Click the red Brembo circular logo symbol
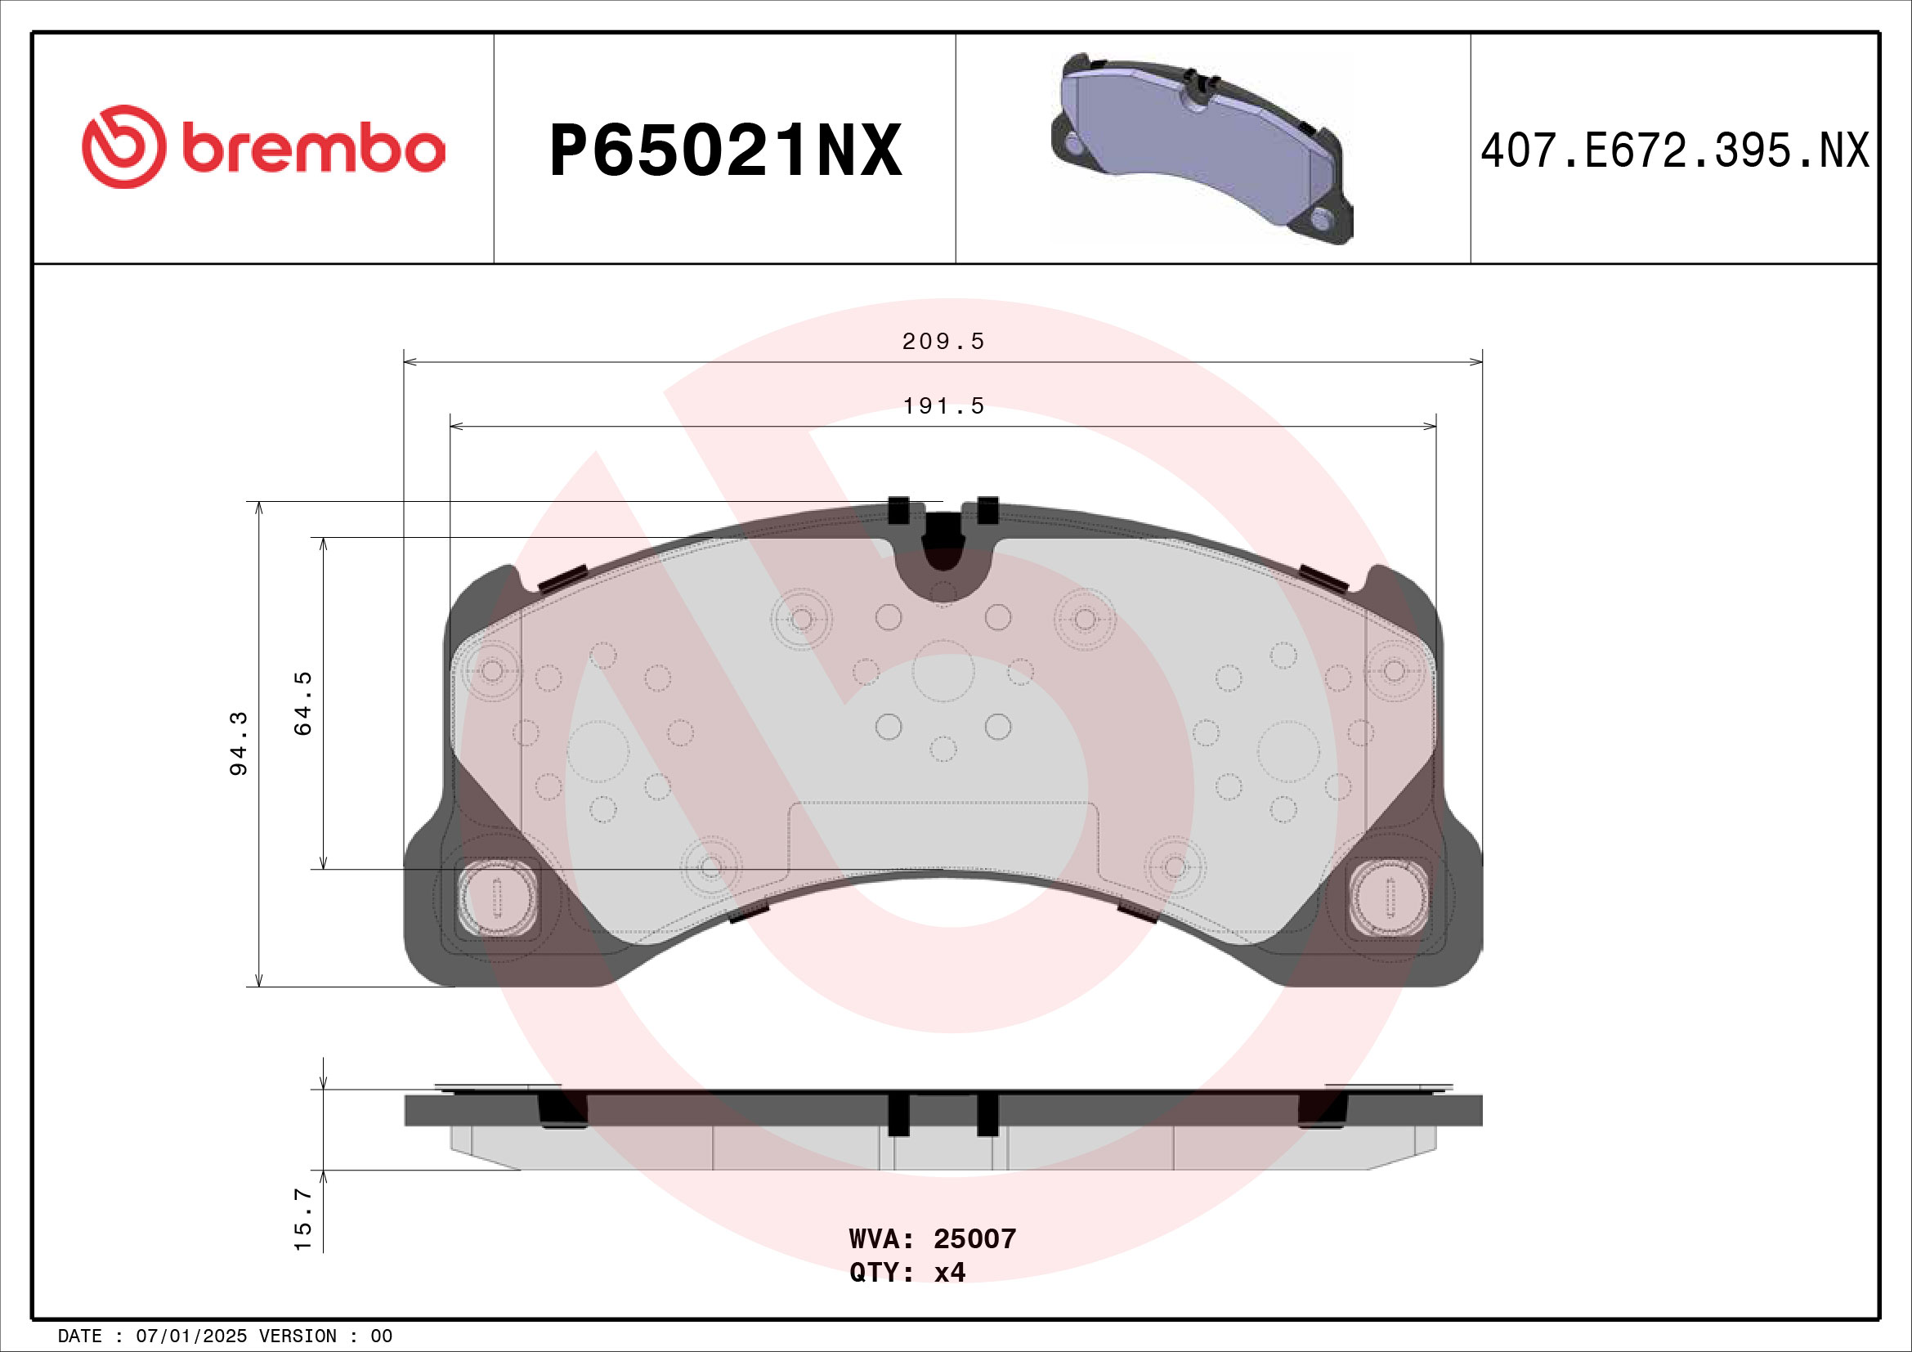(123, 146)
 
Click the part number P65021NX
(725, 150)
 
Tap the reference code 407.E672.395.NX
(1675, 151)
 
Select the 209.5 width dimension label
(943, 342)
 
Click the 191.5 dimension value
(943, 406)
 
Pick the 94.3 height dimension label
(239, 743)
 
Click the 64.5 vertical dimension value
(303, 704)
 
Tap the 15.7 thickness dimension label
(303, 1220)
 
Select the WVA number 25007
(974, 1238)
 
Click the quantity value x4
(949, 1272)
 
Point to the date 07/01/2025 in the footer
(191, 1336)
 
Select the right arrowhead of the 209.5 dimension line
(1476, 361)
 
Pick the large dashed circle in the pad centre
(943, 671)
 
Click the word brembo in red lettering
(313, 150)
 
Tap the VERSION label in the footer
(298, 1336)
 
